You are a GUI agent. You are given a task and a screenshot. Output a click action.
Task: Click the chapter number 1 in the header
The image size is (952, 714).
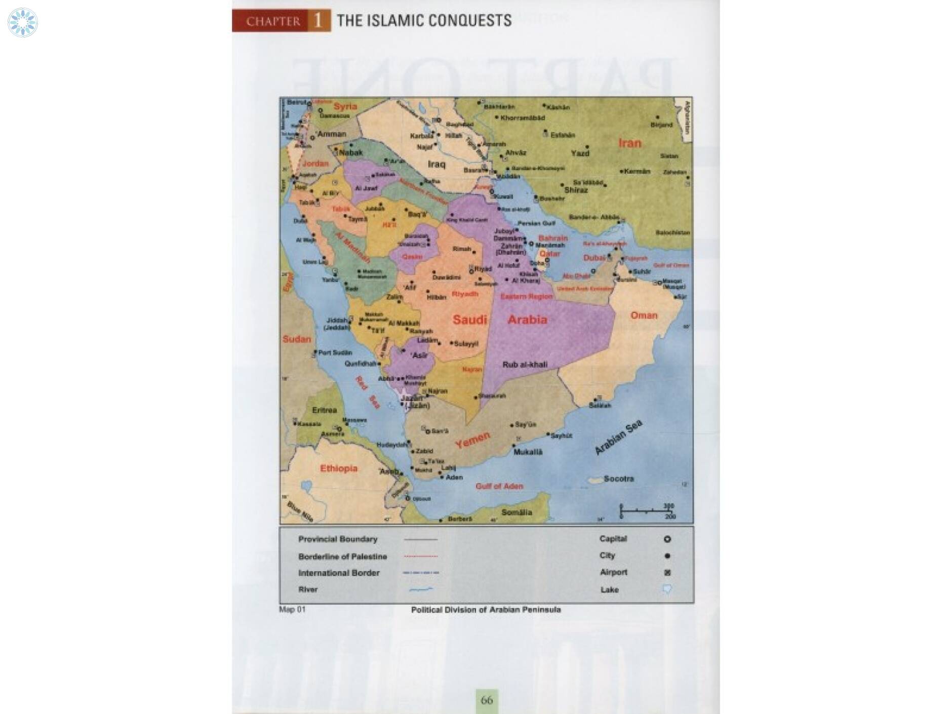click(318, 21)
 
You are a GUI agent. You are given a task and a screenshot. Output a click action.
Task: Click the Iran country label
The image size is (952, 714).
click(629, 143)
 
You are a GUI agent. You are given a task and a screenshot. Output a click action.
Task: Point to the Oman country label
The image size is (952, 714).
click(644, 315)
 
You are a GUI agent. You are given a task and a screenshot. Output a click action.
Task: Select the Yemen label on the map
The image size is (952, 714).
click(472, 440)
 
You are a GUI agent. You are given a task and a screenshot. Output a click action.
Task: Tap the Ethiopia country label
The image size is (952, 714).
click(338, 469)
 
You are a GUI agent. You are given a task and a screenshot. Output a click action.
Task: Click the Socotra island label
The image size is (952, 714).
click(618, 479)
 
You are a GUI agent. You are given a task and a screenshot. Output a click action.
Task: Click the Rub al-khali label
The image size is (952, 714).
click(525, 365)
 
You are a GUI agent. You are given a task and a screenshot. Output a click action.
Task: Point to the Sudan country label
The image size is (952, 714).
click(297, 339)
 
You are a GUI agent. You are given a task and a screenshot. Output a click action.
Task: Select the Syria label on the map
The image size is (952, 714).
click(345, 106)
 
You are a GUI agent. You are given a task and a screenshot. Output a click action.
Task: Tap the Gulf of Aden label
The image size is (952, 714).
click(499, 486)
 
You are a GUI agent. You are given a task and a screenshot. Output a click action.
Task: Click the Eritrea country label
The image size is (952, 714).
click(324, 410)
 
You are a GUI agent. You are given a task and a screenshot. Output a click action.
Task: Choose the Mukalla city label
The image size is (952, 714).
click(528, 452)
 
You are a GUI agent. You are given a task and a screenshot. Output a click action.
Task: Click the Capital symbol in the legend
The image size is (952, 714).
click(667, 539)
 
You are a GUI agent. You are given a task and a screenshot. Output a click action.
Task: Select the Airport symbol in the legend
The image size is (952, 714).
click(667, 573)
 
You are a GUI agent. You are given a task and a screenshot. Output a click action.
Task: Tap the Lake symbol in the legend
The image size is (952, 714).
click(667, 589)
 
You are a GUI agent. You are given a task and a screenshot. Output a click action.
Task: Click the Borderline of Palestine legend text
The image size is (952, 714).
click(342, 557)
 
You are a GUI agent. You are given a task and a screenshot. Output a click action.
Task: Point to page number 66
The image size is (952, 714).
click(487, 700)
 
